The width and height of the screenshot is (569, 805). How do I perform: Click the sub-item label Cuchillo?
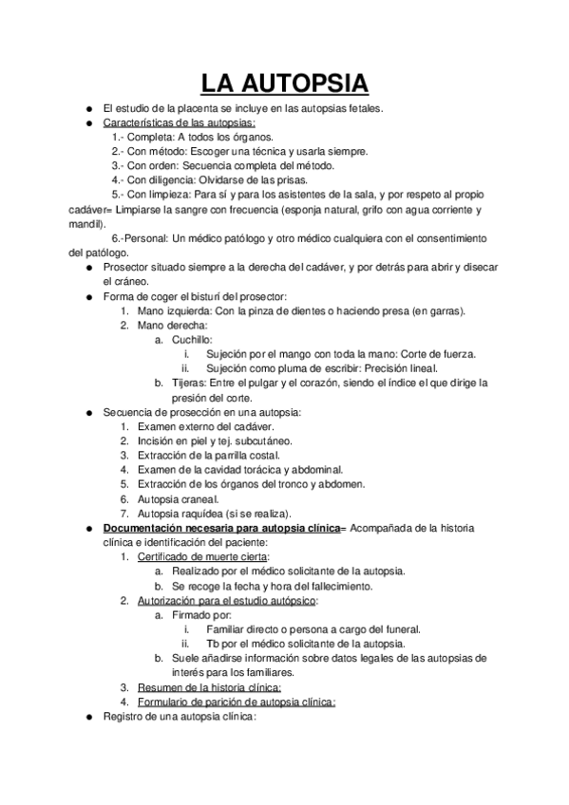[190, 339]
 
